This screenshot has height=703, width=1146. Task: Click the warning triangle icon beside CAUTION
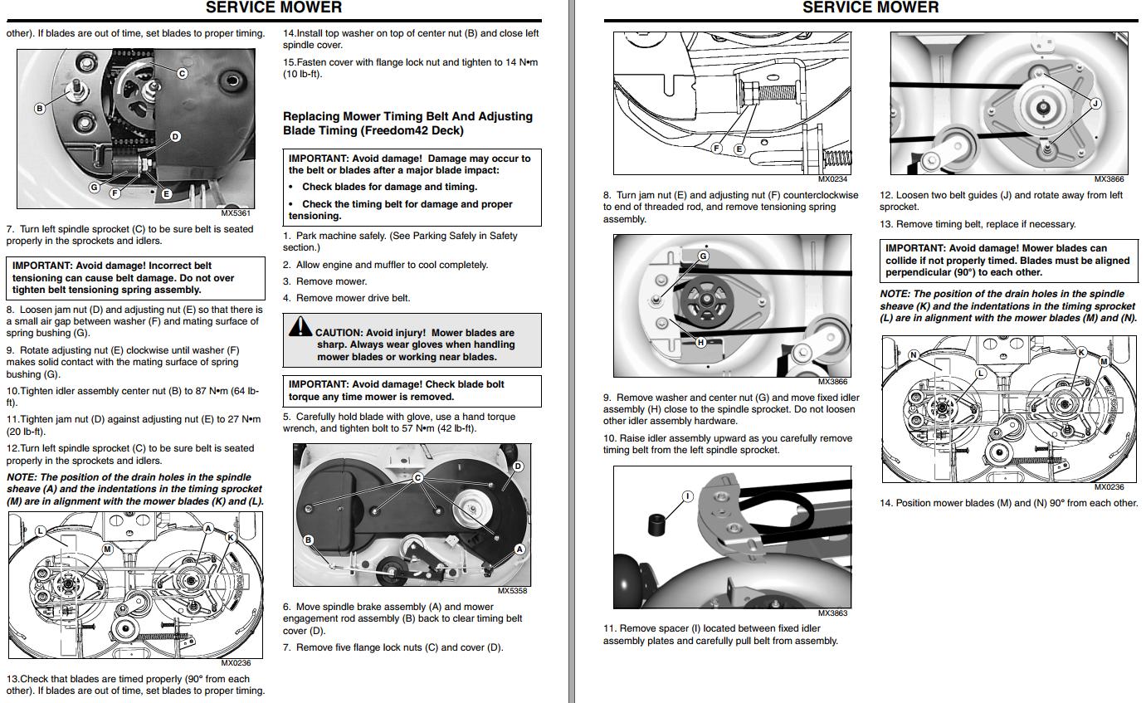pos(300,327)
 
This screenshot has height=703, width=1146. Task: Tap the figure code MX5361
pos(236,212)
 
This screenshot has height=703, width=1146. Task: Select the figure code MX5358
pos(512,590)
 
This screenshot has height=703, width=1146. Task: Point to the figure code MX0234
pos(832,179)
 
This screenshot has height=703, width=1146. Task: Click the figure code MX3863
pos(832,613)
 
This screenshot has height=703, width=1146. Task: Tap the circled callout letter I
pos(688,496)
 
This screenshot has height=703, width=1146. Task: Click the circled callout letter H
pos(701,342)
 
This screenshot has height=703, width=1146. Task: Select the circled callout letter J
pos(1095,104)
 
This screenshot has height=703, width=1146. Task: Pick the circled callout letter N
pos(914,354)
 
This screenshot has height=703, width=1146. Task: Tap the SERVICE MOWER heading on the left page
pos(274,7)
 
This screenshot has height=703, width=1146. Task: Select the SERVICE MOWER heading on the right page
pos(870,7)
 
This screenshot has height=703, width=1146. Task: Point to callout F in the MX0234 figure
pos(717,149)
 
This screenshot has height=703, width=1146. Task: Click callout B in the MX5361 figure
pos(39,109)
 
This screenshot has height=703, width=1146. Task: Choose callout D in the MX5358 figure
pos(518,466)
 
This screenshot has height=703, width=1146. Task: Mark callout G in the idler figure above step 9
pos(704,256)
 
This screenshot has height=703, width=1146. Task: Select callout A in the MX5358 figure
pos(519,549)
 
